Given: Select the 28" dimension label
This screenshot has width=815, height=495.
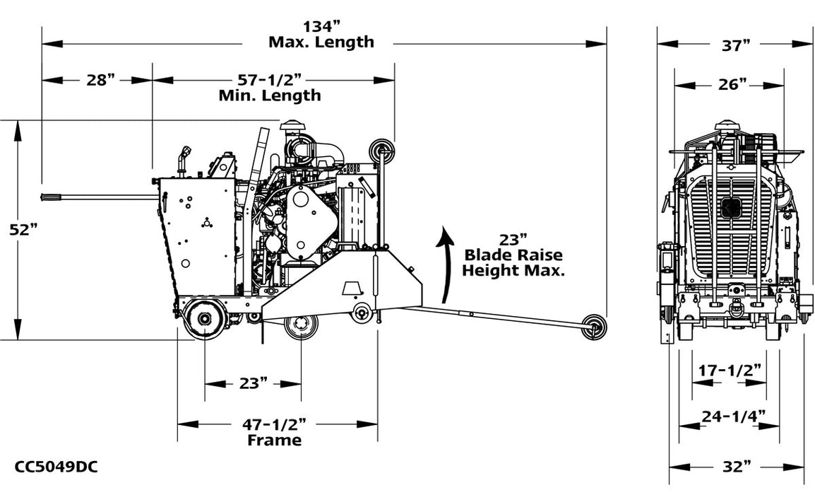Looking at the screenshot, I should click(100, 80).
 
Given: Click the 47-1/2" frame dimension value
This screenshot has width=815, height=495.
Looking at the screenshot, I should click(274, 424).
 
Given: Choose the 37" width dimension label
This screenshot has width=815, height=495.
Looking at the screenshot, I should click(735, 46).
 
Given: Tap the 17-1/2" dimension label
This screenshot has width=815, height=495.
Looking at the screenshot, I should click(730, 369).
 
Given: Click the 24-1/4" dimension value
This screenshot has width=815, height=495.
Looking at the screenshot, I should click(730, 416).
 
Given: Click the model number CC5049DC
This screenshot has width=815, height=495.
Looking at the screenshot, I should click(56, 467).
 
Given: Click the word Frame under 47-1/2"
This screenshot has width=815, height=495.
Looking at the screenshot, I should click(274, 441).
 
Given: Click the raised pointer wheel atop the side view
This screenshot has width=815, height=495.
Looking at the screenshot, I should click(382, 149).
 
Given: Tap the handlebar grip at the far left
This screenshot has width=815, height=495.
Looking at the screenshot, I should click(54, 197).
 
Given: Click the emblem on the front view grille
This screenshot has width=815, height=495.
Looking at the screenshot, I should click(730, 206).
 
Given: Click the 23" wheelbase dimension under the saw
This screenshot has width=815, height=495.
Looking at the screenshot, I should click(253, 383).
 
